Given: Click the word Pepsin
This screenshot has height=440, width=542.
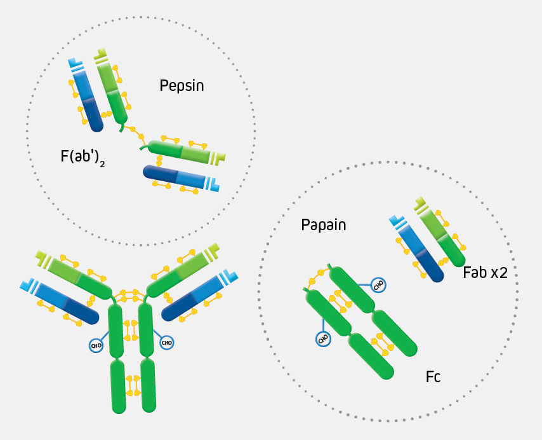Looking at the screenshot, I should click(182, 85).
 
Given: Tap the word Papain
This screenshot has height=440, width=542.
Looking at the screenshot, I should click(324, 225).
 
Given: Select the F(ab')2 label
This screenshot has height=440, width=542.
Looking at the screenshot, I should click(83, 156).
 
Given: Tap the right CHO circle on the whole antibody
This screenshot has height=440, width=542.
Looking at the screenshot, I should click(167, 343).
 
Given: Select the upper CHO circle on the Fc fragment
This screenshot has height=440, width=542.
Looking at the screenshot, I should click(378, 285).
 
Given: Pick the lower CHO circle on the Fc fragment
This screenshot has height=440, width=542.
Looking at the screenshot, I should click(323, 338).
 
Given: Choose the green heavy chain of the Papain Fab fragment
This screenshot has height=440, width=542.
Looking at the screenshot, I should click(444, 238).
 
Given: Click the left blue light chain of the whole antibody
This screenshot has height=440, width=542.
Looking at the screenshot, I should click(63, 301).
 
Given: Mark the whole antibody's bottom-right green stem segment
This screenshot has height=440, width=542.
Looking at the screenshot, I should click(148, 385).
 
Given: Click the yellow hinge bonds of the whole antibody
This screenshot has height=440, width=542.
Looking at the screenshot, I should click(133, 295).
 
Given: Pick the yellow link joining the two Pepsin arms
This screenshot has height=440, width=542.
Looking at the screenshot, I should click(133, 132).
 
